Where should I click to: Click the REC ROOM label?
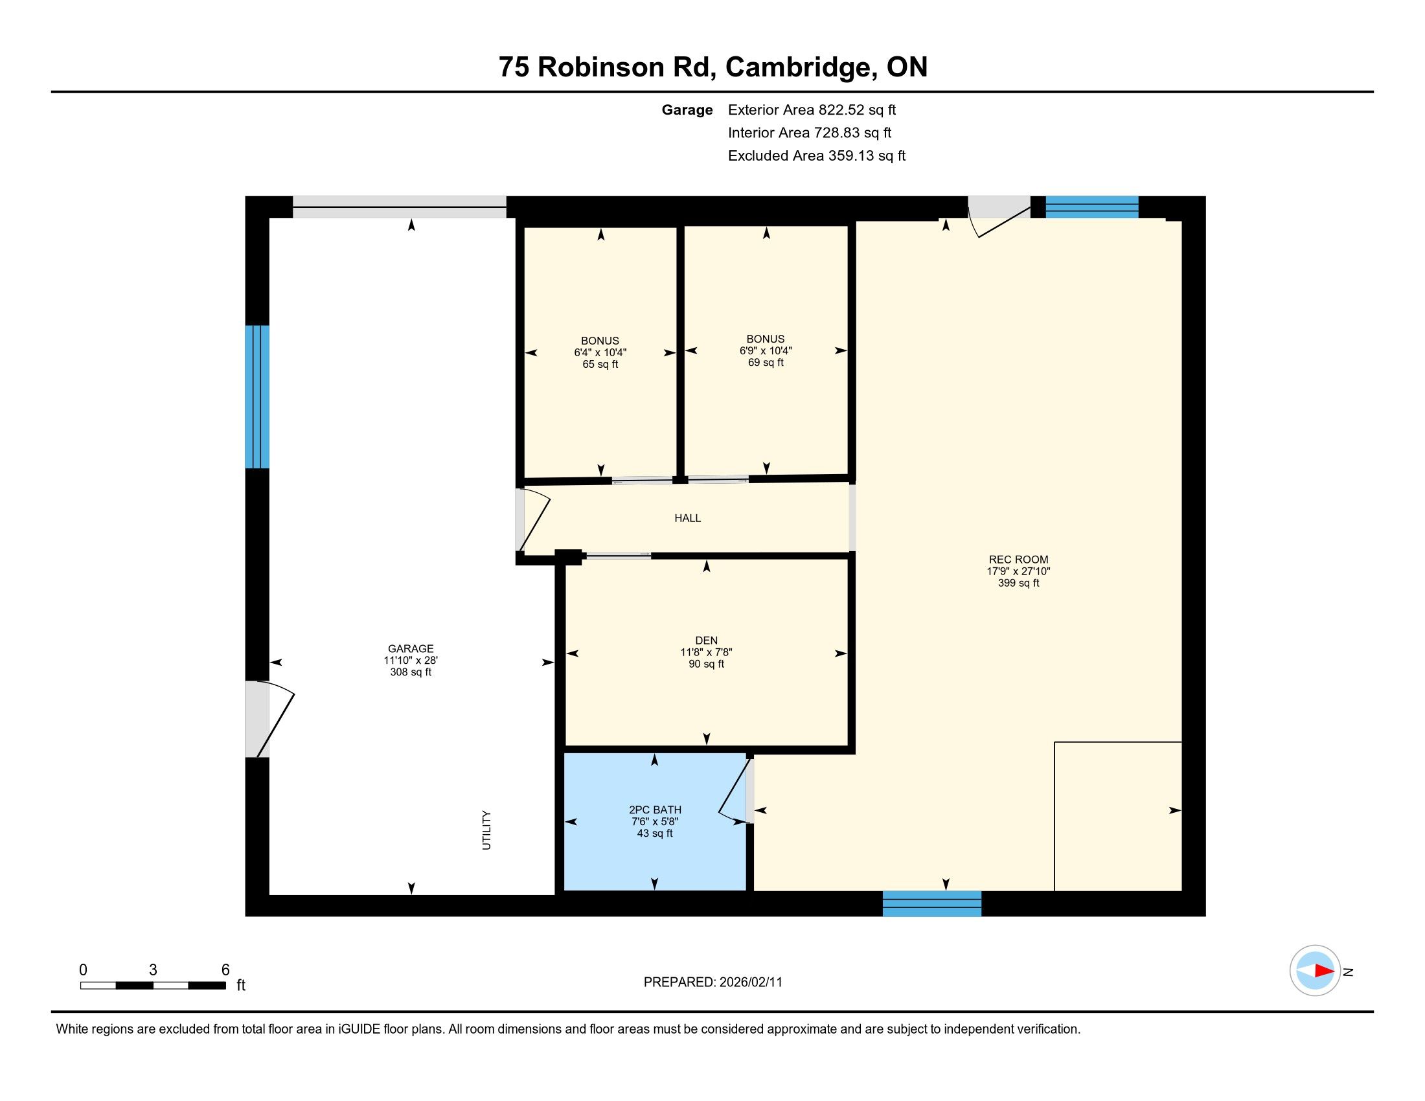click(x=1018, y=559)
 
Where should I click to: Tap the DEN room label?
click(x=706, y=641)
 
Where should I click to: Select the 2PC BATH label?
click(x=655, y=810)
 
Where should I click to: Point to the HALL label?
click(x=688, y=518)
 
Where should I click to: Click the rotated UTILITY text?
click(x=486, y=830)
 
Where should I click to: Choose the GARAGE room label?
click(x=411, y=648)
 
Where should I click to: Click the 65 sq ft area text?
click(x=600, y=364)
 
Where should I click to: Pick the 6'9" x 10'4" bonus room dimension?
click(x=766, y=350)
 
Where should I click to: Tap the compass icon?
click(x=1315, y=971)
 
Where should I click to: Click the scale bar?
click(x=154, y=985)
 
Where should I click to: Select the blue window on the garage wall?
click(x=257, y=396)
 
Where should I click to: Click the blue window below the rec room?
click(x=931, y=903)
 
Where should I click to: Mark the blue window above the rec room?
click(x=1091, y=207)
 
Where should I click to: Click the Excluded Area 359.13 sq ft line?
click(x=816, y=155)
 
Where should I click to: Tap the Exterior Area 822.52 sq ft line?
click(x=812, y=109)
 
